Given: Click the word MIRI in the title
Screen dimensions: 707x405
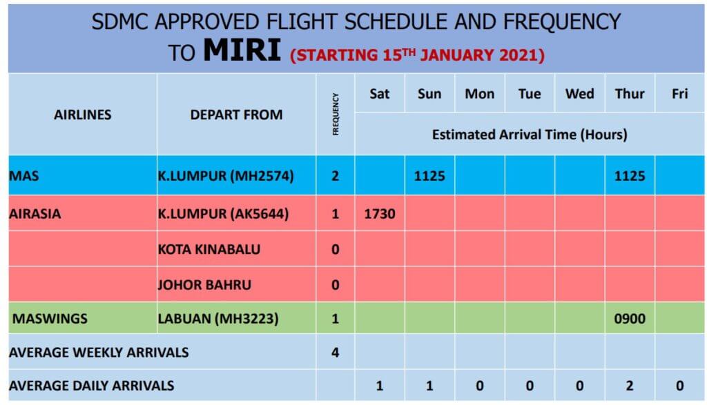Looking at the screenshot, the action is (242, 50).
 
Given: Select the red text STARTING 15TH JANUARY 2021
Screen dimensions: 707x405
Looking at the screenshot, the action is (417, 55).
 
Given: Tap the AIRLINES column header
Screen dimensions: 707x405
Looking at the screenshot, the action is (83, 115).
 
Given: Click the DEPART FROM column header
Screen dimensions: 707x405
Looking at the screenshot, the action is (236, 115).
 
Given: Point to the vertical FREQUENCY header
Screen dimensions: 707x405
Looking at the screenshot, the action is (336, 114).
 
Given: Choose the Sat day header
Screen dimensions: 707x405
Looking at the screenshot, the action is (379, 94).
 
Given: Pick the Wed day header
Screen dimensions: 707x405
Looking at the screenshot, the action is (579, 94).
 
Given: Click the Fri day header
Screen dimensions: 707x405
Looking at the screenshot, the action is (679, 94).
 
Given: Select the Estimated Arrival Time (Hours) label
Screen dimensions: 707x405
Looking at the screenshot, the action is (530, 135).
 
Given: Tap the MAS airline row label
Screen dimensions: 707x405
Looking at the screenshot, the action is (24, 176).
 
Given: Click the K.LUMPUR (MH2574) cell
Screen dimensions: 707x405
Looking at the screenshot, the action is (226, 176).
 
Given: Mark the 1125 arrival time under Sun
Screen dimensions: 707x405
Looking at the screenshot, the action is (429, 176).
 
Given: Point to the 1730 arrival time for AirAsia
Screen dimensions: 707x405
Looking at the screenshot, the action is (380, 213).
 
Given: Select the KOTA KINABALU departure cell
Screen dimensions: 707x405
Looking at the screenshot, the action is (209, 249).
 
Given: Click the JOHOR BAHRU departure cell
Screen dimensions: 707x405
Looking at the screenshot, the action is (204, 285).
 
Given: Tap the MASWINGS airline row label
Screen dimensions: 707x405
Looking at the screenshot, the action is (50, 319).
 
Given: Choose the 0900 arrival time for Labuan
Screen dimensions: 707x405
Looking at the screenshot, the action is (630, 319).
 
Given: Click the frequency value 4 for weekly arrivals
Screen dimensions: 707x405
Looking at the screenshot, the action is (335, 353).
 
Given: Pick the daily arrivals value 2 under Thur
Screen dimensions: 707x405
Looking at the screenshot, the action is (630, 386).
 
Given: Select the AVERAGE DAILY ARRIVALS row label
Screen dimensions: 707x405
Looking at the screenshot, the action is (92, 386).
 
